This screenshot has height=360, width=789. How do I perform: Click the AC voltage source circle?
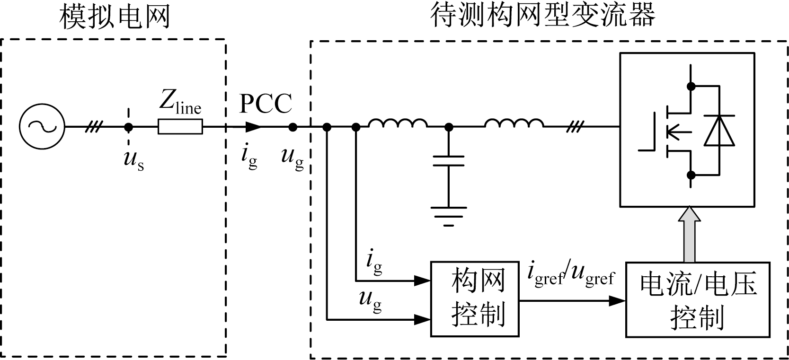42,127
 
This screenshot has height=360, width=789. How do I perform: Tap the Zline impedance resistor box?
180,127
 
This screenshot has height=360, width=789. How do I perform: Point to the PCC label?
265,104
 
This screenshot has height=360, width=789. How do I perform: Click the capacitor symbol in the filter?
449,161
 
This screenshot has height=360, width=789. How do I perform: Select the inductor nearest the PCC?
398,124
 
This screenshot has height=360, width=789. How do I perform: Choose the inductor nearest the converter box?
514,124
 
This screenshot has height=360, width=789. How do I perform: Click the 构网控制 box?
475,299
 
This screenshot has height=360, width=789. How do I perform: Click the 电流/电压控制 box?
697,299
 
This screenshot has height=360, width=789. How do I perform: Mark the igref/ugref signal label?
571,275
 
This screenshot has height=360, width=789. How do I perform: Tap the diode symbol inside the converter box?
719,130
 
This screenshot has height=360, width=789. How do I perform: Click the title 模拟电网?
115,18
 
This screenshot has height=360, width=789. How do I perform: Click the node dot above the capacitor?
449,127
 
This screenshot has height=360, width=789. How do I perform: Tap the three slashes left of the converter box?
575,127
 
